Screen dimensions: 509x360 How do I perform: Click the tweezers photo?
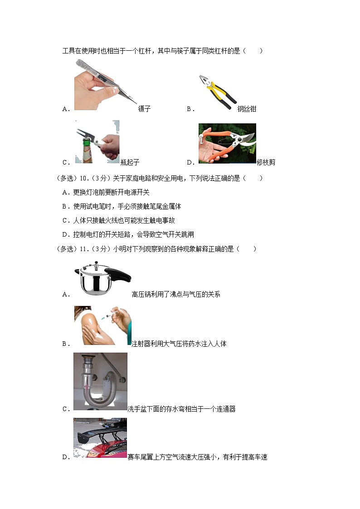(106, 85)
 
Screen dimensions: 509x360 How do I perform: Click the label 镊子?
(144, 109)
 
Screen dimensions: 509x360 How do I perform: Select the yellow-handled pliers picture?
(217, 93)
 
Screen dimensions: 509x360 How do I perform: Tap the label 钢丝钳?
(247, 109)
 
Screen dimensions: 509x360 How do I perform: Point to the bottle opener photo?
(97, 142)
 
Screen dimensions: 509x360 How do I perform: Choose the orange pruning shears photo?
(227, 143)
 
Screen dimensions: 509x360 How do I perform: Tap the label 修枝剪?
(266, 162)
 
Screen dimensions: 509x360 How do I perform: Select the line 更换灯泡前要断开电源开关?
(111, 192)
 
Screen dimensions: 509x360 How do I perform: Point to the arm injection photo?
(102, 325)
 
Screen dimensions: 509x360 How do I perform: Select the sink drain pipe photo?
(100, 381)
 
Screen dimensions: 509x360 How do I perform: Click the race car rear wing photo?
(100, 438)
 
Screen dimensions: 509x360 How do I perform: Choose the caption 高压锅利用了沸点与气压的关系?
(175, 294)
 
